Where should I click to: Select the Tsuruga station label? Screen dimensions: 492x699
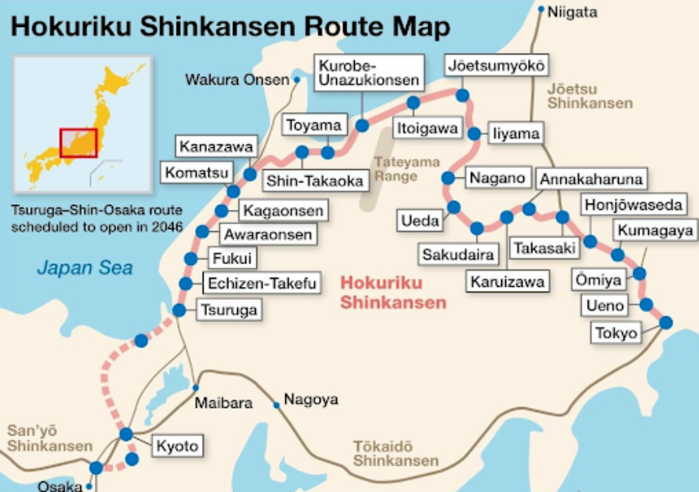228,310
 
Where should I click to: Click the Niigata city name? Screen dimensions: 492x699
572,12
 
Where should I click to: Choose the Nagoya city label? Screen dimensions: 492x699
311,400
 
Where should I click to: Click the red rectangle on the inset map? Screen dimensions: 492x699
78,142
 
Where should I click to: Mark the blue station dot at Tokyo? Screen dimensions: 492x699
665,322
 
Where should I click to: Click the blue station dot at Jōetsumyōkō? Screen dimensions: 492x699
463,96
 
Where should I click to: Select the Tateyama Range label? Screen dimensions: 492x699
396,168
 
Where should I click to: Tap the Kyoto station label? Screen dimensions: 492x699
177,446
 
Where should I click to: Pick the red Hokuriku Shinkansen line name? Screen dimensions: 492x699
393,292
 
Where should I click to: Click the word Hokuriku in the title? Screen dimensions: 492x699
83,26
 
